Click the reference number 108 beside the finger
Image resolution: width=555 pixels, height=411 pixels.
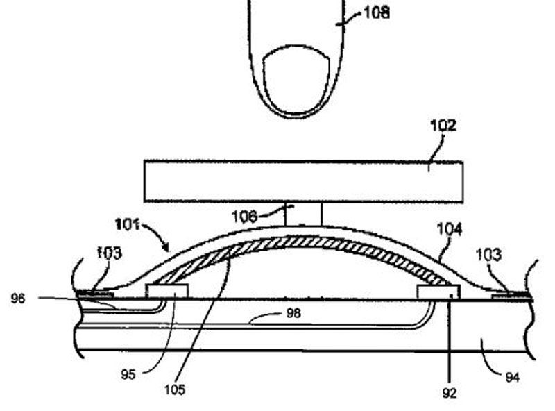(x=377, y=13)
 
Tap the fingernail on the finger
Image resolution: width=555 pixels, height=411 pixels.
(x=297, y=80)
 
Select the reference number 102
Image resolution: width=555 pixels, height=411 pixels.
(x=443, y=126)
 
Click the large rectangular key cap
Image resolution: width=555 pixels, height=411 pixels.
(x=303, y=182)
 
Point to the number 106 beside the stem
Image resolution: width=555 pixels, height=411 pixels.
(x=245, y=217)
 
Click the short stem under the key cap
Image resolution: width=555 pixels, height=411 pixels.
(x=304, y=215)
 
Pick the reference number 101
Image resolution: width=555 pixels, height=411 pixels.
(x=128, y=224)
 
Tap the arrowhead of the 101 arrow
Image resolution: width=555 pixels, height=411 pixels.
(x=167, y=248)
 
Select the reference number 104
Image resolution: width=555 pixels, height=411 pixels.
(x=450, y=229)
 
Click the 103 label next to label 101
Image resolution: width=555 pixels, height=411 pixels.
(x=110, y=253)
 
